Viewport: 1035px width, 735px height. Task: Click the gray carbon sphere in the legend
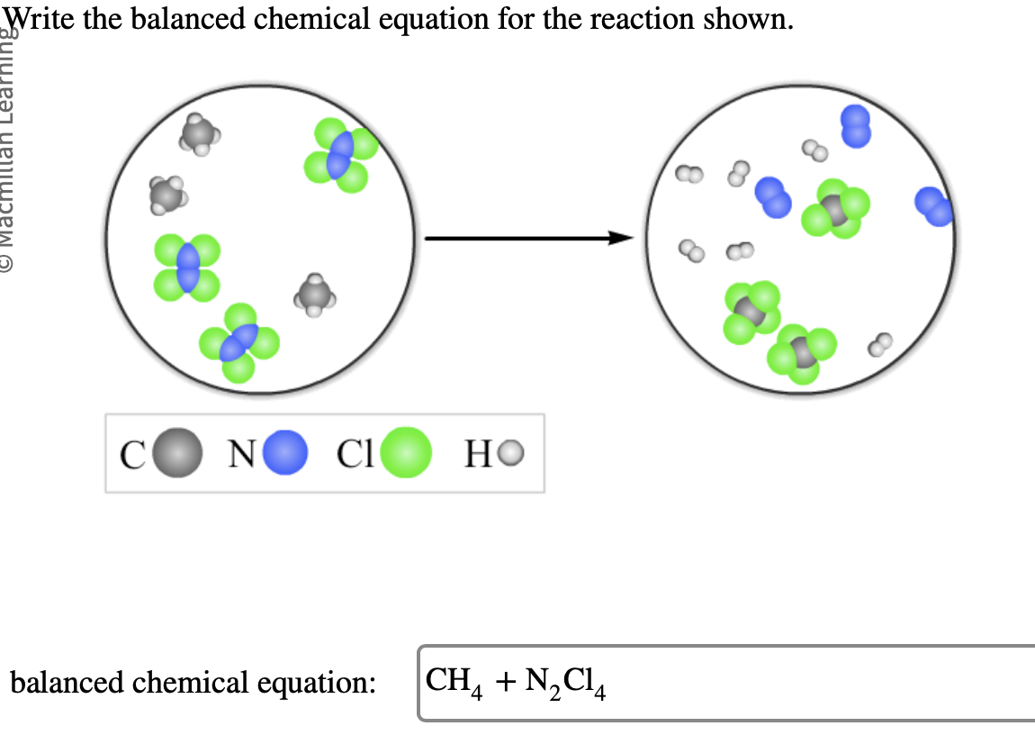point(178,455)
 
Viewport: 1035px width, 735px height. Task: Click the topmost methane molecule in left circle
point(198,134)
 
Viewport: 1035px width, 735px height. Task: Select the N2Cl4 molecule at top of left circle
point(340,155)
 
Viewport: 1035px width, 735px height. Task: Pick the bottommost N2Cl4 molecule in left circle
point(239,343)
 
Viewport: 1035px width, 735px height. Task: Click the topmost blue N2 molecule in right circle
point(855,126)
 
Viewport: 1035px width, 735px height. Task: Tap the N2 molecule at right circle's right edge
point(933,206)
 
